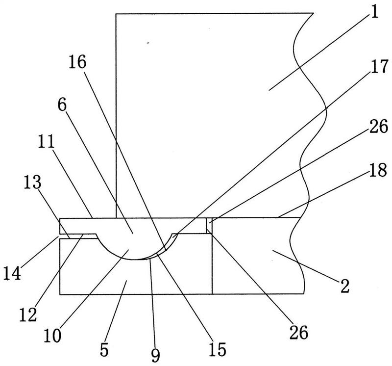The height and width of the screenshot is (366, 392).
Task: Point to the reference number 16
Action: [x=77, y=62]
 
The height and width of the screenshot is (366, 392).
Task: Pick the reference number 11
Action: [x=46, y=141]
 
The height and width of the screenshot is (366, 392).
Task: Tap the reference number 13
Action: [x=32, y=182]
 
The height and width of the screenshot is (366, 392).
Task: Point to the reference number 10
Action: [x=52, y=335]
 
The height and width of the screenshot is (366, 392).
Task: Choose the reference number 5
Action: [x=104, y=350]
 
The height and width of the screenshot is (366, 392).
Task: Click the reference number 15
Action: [x=217, y=349]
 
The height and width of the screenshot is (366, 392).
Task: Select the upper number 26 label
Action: [x=379, y=127]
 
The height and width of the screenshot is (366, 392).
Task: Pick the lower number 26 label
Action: [x=299, y=333]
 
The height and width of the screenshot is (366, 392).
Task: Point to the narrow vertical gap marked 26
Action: [x=209, y=226]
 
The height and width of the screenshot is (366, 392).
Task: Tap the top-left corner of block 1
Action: [x=116, y=14]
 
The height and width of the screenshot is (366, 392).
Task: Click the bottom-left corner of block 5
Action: [x=60, y=294]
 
